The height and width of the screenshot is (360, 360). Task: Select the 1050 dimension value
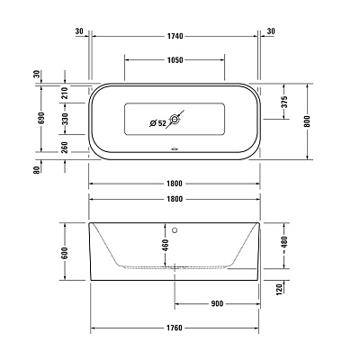coord(175,60)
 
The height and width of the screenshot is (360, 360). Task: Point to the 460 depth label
coord(165,244)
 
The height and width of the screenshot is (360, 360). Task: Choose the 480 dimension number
coord(284,240)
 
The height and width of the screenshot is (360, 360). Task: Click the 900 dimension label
coord(217,303)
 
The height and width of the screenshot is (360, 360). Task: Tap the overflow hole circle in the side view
coord(176,228)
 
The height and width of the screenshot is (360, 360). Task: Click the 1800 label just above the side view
coord(175,199)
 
